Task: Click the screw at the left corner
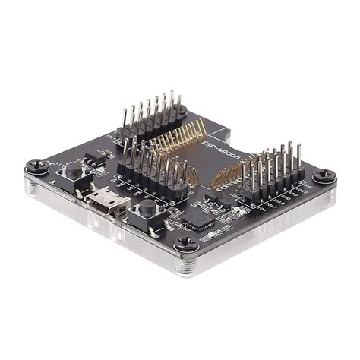34,165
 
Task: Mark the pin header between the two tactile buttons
152,169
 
